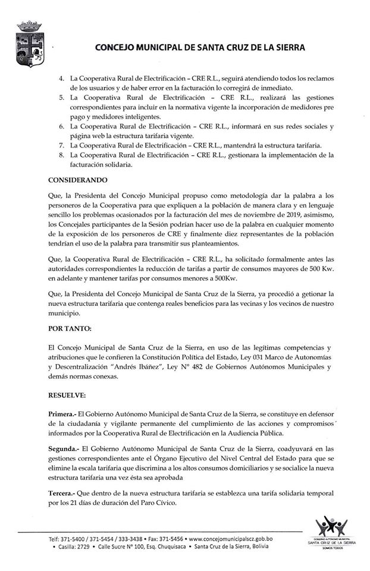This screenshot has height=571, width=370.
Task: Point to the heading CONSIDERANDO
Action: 78,180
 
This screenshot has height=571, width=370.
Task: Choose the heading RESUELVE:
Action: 67,394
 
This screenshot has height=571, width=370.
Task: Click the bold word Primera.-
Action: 62,414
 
